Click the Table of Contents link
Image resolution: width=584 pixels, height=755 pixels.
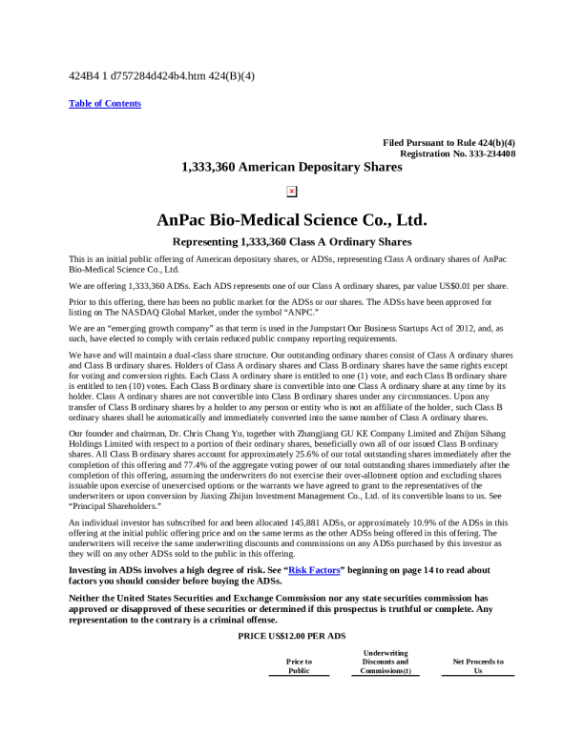pyautogui.click(x=105, y=103)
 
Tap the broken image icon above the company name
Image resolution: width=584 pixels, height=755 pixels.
pyautogui.click(x=291, y=191)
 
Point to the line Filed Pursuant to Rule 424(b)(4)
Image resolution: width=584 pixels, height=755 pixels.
pyautogui.click(x=448, y=142)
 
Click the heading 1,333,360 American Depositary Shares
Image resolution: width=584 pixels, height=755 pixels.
pyautogui.click(x=291, y=167)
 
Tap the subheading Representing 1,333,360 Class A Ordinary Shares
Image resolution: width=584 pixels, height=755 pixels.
pyautogui.click(x=291, y=242)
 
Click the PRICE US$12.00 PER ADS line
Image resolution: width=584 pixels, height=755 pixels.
pyautogui.click(x=291, y=635)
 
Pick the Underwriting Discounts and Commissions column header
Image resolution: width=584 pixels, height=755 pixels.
pyautogui.click(x=386, y=662)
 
